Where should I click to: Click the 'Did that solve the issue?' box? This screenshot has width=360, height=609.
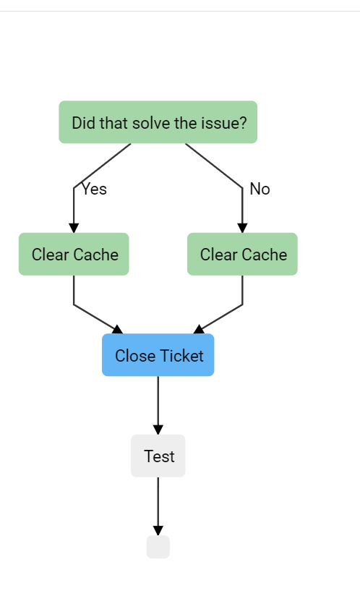[158, 122]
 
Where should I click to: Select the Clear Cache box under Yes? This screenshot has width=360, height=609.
[74, 255]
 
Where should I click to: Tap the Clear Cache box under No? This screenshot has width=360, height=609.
[242, 255]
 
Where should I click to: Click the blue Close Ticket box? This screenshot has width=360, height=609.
[158, 355]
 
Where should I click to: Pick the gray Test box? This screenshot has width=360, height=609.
[158, 456]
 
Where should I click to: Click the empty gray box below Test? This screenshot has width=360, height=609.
[158, 547]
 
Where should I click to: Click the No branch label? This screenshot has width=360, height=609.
[260, 189]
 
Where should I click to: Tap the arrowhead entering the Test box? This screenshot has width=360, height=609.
[158, 430]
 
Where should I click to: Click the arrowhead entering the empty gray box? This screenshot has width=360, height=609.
[158, 531]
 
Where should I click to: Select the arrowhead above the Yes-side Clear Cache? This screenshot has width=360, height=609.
[74, 228]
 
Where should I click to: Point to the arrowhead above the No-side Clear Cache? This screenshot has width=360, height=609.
[242, 228]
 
